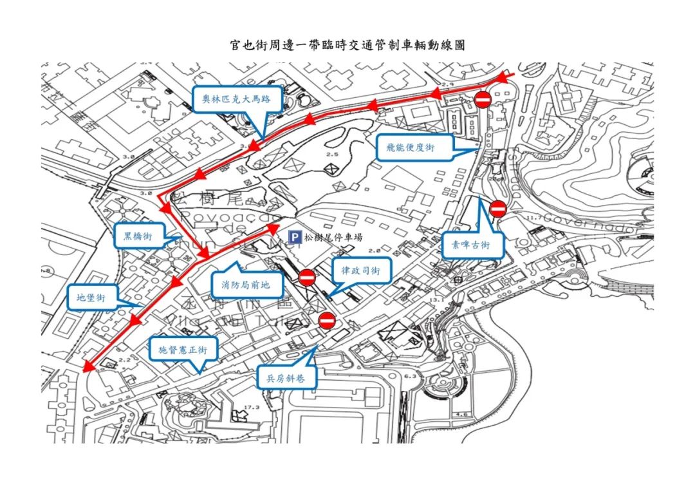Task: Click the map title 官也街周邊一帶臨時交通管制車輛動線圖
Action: click(x=347, y=46)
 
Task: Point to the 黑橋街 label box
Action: click(x=138, y=236)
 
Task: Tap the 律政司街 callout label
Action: click(x=361, y=271)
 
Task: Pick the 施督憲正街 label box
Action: click(x=183, y=350)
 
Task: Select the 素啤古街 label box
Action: click(x=472, y=245)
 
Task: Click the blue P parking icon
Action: click(x=295, y=237)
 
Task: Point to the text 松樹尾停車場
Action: click(x=333, y=237)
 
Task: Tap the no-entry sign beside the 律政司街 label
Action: click(x=307, y=278)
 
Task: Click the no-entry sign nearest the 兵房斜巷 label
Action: click(x=327, y=320)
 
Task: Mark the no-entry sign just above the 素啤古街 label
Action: click(x=497, y=209)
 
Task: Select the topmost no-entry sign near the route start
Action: click(x=483, y=99)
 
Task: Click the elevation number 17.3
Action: click(x=252, y=407)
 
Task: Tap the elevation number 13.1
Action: click(x=438, y=300)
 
